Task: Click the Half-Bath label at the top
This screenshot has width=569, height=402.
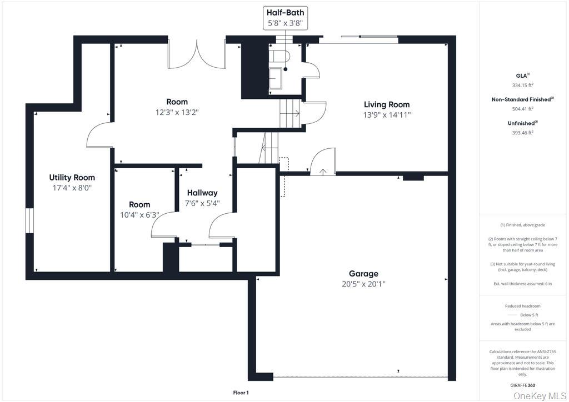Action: pyautogui.click(x=285, y=12)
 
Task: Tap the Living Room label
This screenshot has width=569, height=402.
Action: pyautogui.click(x=387, y=105)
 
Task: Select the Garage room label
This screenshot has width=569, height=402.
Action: pyautogui.click(x=363, y=274)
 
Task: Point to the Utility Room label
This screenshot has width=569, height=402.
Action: pyautogui.click(x=72, y=178)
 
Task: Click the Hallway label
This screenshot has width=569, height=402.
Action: pyautogui.click(x=202, y=193)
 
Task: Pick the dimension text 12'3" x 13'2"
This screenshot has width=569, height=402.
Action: pyautogui.click(x=177, y=112)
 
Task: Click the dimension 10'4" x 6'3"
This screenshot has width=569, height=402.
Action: pyautogui.click(x=139, y=215)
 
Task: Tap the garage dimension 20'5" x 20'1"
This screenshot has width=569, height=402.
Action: pyautogui.click(x=363, y=284)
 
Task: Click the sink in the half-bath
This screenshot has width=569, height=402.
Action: pyautogui.click(x=276, y=78)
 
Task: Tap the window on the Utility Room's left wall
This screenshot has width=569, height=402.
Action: pyautogui.click(x=29, y=221)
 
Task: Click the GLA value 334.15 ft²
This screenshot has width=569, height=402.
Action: pyautogui.click(x=522, y=86)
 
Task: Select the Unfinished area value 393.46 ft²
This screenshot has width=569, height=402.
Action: pyautogui.click(x=522, y=133)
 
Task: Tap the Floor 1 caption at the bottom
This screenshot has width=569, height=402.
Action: pyautogui.click(x=241, y=393)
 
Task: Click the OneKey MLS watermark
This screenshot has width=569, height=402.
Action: pyautogui.click(x=540, y=396)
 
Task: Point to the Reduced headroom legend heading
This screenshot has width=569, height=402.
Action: pyautogui.click(x=522, y=306)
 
